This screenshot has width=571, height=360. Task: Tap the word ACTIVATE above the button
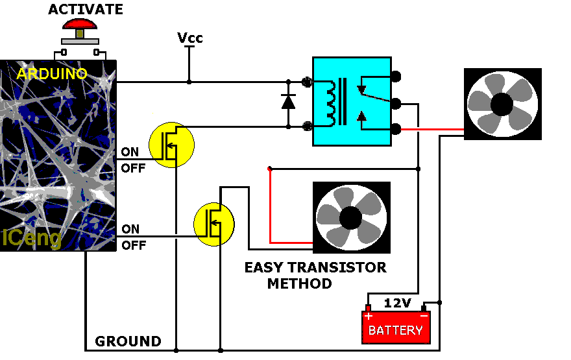86,10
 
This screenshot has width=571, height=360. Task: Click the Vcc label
189,38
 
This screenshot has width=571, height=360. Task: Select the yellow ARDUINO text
52,74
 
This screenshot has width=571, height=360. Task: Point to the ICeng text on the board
31,238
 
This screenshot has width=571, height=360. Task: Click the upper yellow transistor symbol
171,144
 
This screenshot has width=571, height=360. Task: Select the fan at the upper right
502,104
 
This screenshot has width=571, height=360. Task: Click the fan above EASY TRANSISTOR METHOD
351,217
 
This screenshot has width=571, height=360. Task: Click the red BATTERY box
395,327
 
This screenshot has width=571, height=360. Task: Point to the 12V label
397,303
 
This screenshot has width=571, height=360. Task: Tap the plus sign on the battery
368,317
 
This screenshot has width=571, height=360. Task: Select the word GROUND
128,341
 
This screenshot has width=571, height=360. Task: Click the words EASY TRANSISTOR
315,267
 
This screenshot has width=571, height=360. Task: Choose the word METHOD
299,283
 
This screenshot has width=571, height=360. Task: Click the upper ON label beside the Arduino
130,152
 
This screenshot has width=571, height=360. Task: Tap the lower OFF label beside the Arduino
134,246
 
